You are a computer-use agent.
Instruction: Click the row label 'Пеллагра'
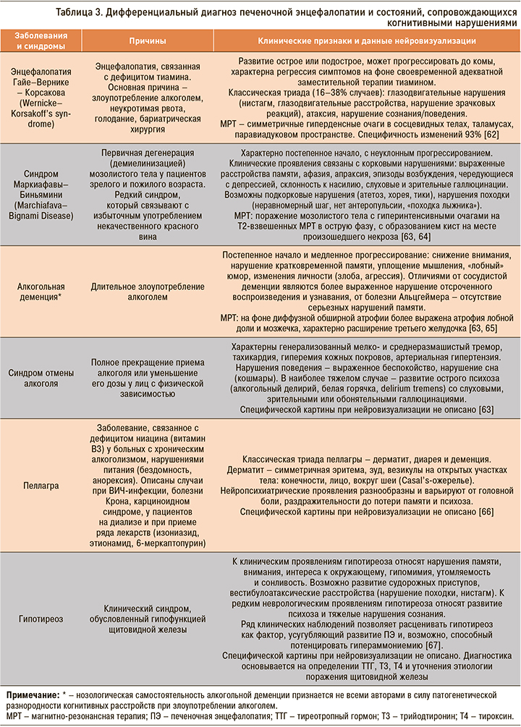40,483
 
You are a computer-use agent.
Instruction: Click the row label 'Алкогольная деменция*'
40,292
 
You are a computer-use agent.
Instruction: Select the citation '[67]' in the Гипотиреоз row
433,645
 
